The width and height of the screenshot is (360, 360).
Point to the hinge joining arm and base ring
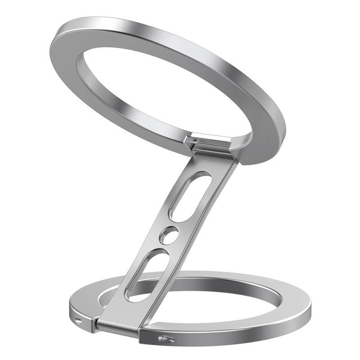click(118, 322)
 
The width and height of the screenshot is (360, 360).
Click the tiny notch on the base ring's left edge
click(80, 320)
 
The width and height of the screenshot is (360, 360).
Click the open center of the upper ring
click(162, 90)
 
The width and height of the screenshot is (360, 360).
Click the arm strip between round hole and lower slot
click(162, 247)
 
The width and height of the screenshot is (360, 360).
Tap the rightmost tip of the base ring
click(310, 310)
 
